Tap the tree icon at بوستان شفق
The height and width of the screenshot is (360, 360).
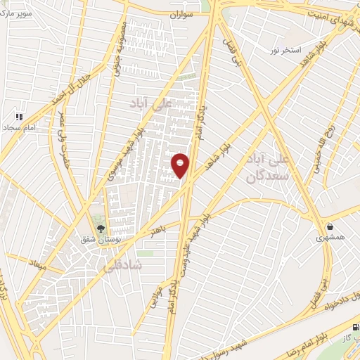(x=100, y=229)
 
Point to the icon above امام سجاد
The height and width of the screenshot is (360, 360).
(x=20, y=117)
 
